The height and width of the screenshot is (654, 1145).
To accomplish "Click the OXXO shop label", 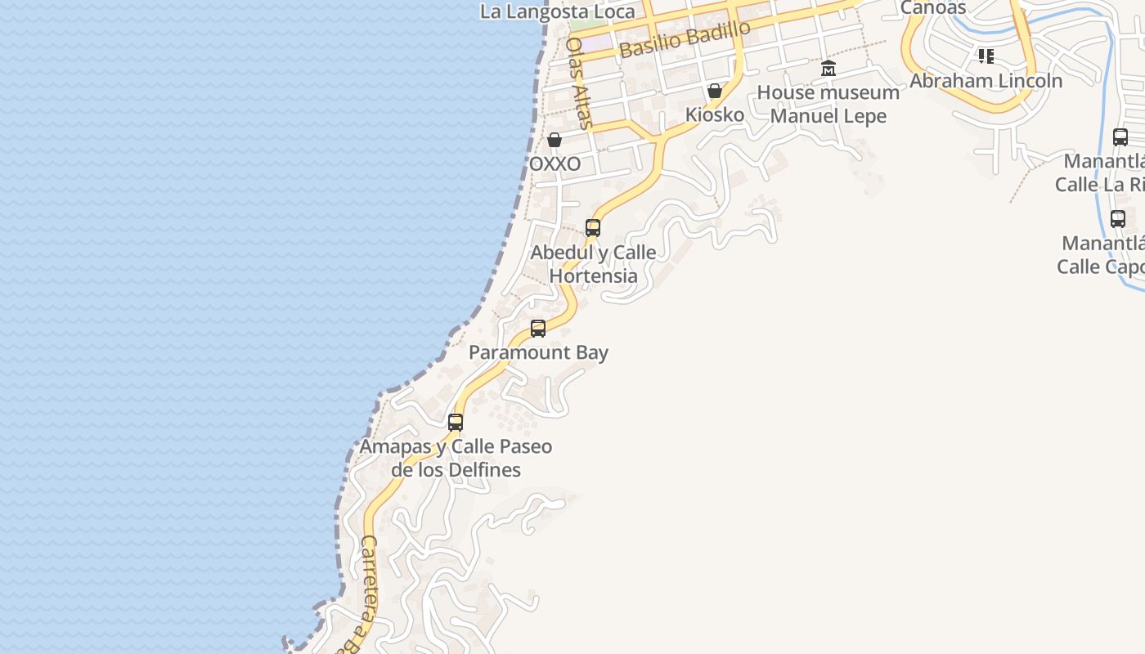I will pyautogui.click(x=555, y=164).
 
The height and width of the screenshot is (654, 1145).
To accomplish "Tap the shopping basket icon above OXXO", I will pyautogui.click(x=555, y=140).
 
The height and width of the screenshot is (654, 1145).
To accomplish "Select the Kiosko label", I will pyautogui.click(x=715, y=114).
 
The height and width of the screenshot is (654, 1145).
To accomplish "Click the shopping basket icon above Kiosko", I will pyautogui.click(x=715, y=90).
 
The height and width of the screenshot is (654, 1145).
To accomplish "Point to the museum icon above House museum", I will pyautogui.click(x=828, y=68).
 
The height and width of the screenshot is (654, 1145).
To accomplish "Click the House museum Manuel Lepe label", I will pyautogui.click(x=828, y=104).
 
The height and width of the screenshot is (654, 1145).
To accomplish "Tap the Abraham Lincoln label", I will pyautogui.click(x=986, y=81).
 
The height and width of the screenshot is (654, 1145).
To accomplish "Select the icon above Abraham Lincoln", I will pyautogui.click(x=986, y=56).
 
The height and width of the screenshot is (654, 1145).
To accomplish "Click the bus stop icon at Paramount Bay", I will pyautogui.click(x=538, y=329).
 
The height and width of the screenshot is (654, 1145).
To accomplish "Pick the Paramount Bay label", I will pyautogui.click(x=538, y=352).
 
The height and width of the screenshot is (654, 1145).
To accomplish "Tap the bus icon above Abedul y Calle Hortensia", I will pyautogui.click(x=593, y=228).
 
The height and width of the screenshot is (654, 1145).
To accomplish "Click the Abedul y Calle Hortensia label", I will pyautogui.click(x=593, y=264).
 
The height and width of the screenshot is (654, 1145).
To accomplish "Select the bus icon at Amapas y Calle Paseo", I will pyautogui.click(x=456, y=423).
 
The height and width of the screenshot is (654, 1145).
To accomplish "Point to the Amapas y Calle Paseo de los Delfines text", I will pyautogui.click(x=456, y=458).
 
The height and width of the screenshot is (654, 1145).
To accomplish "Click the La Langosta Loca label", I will pyautogui.click(x=558, y=11).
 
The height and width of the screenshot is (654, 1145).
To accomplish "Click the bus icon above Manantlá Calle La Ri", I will pyautogui.click(x=1120, y=137).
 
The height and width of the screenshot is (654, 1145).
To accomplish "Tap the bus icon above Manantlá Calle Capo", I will pyautogui.click(x=1118, y=219).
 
